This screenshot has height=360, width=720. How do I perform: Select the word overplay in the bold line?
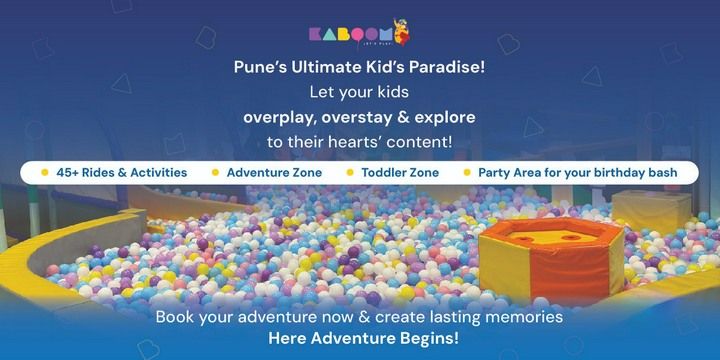pyautogui.click(x=279, y=118)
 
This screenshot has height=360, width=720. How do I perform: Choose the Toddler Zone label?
pyautogui.click(x=400, y=172)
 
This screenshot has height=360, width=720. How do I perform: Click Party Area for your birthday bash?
pyautogui.click(x=577, y=172)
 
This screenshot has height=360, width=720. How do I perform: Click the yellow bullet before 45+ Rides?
pyautogui.click(x=45, y=172)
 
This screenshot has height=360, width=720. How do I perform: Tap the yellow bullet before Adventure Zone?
pyautogui.click(x=215, y=172)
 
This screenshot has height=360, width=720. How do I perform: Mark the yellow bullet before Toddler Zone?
pyautogui.click(x=350, y=172)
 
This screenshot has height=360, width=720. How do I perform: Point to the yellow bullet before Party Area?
pyautogui.click(x=466, y=172)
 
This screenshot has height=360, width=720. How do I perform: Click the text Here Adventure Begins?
pyautogui.click(x=363, y=337)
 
